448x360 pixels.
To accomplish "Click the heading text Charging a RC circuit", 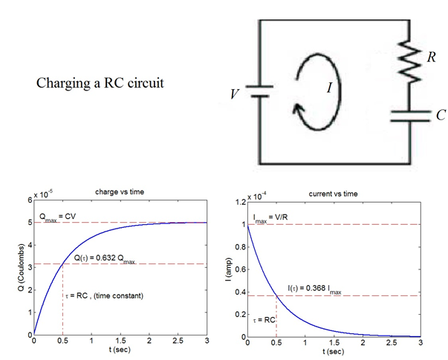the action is pos(100,83).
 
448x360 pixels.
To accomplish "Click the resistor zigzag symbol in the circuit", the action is pos(409,61).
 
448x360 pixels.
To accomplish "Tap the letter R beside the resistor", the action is pos(432,57).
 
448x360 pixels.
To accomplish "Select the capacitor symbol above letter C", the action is pos(410,117).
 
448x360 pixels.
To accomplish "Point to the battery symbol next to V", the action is pos(260,91).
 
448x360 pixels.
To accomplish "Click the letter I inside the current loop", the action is pos(330,88).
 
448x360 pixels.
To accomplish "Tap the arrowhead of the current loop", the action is pos(298,109).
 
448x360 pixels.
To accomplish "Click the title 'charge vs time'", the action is pos(120,192).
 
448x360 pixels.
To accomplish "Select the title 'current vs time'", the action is pos(333,194).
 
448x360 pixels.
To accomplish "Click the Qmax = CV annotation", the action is pos(57,217).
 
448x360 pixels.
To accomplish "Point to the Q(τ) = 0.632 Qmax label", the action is pos(105,258).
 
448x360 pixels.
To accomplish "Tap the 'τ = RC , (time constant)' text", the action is pos(104,295).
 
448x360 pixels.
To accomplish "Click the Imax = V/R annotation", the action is pos(270,218).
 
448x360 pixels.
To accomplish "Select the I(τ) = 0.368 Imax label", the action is pos(314,289).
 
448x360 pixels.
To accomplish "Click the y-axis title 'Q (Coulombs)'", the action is pos(21,267).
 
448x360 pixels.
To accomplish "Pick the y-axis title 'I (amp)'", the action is pos(229,269).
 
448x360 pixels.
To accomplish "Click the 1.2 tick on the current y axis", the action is pos(240,203).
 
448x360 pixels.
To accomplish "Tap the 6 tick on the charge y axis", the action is pos(30,200).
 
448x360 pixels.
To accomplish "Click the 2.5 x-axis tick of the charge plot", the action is pos(178,341).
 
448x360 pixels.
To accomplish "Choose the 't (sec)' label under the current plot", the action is pos(333,351).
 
